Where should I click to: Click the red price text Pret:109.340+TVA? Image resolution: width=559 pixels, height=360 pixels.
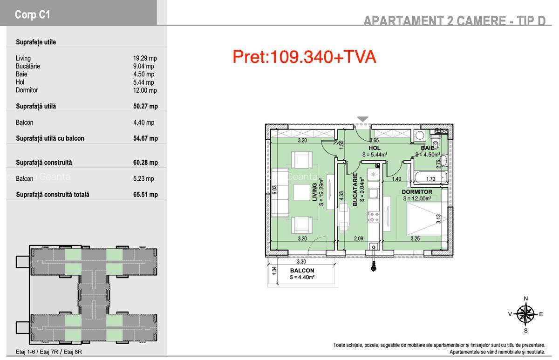point(304,57)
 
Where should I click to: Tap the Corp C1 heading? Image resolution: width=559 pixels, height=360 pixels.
point(33,15)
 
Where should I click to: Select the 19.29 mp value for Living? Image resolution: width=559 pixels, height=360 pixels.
point(144,59)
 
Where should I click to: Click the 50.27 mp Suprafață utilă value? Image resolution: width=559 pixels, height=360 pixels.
point(145,106)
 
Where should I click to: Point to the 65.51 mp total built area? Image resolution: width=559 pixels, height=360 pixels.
point(145,195)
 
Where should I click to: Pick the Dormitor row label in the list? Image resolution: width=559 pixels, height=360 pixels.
point(27,90)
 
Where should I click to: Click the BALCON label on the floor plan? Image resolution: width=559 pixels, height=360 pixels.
point(302,271)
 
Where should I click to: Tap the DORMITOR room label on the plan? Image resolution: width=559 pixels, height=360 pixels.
point(417,192)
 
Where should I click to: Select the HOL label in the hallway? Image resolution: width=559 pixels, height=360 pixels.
point(375,148)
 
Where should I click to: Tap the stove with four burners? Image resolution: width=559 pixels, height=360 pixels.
point(374,217)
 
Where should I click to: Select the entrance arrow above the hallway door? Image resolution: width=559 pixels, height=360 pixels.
point(363,120)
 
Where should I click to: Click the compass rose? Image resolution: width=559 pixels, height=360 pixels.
point(525,314)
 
